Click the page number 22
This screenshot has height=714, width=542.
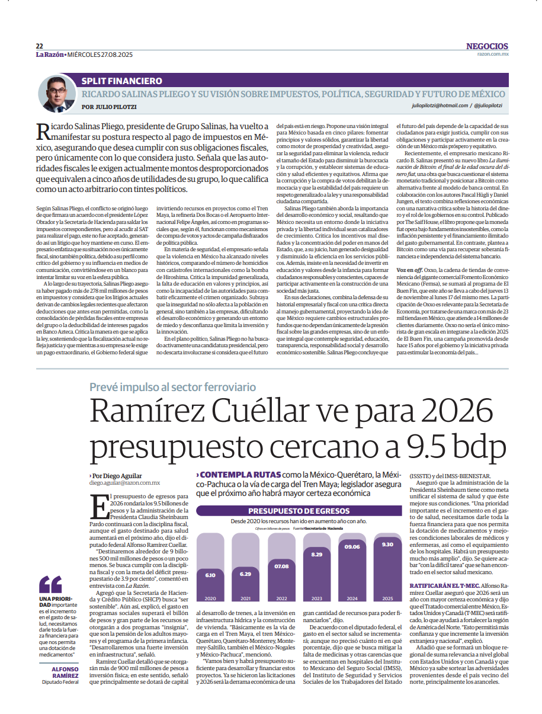pos(39,46)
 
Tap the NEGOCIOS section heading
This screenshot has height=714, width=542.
pos(487,46)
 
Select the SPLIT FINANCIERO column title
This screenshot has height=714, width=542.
pos(122,81)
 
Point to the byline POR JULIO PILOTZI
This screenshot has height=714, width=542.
pos(109,107)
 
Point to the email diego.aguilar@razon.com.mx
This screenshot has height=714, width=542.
pos(124,483)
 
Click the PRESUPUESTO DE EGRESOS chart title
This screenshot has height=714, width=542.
pos(299,511)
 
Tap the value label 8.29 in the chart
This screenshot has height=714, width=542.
pos(317,554)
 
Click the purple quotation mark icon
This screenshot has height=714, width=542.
pos(50,584)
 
